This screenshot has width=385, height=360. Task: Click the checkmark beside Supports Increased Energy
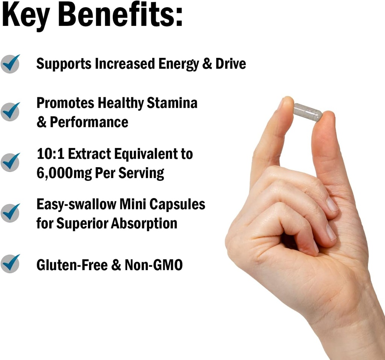tap(10, 63)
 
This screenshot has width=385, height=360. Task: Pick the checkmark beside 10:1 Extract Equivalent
tap(10, 162)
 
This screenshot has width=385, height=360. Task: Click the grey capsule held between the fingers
tap(308, 112)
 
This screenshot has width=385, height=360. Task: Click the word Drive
tap(230, 64)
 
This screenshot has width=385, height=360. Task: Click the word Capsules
tap(177, 204)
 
